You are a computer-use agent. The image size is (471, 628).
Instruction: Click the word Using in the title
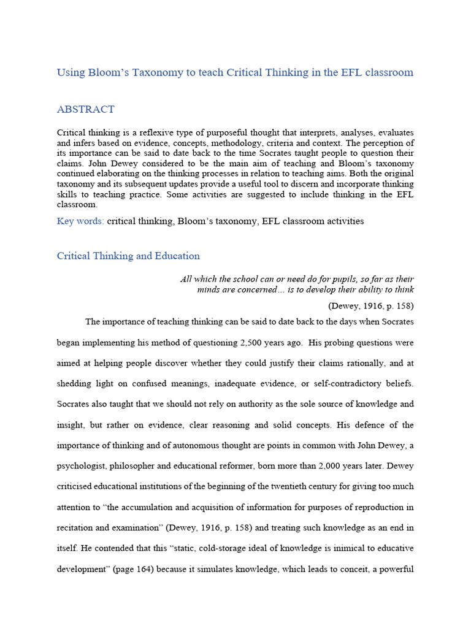[x=70, y=72]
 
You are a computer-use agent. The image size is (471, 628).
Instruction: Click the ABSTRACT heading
[x=85, y=110]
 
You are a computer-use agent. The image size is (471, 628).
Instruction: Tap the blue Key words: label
[x=80, y=221]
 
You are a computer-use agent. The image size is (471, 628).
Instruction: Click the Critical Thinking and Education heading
[x=128, y=256]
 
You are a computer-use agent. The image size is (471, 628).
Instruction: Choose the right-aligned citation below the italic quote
[x=371, y=305]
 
